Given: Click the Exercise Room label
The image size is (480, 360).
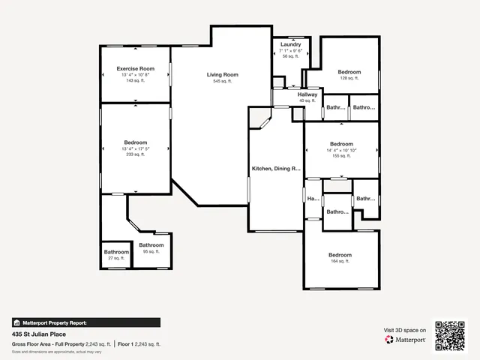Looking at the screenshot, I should point(136,68).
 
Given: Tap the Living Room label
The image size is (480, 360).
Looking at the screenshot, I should point(222,74).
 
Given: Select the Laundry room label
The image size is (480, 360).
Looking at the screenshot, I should point(290,45).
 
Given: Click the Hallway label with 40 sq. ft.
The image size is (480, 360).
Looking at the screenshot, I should point(307,94).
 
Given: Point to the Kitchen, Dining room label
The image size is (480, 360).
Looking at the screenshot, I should point(275,169).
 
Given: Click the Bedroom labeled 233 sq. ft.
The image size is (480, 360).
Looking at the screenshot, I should point(136,142).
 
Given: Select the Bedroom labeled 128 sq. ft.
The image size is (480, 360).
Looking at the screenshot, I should point(349,72).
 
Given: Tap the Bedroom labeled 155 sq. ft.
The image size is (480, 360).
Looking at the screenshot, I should point(341,143).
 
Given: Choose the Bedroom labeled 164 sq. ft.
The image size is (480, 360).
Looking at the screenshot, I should point(340,255).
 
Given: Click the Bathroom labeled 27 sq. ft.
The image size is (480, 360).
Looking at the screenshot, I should point(116,252).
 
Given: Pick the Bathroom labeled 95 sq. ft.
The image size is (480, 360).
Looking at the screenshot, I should point(151,245).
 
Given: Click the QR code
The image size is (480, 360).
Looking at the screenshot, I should point(450,335).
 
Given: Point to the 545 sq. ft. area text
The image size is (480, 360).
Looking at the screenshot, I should point(222,81).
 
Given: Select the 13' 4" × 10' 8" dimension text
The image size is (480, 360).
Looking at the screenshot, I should point(136,75).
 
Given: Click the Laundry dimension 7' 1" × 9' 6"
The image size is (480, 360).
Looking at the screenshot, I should point(290,51).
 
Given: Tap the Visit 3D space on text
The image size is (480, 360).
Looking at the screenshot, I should point(405,330).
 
